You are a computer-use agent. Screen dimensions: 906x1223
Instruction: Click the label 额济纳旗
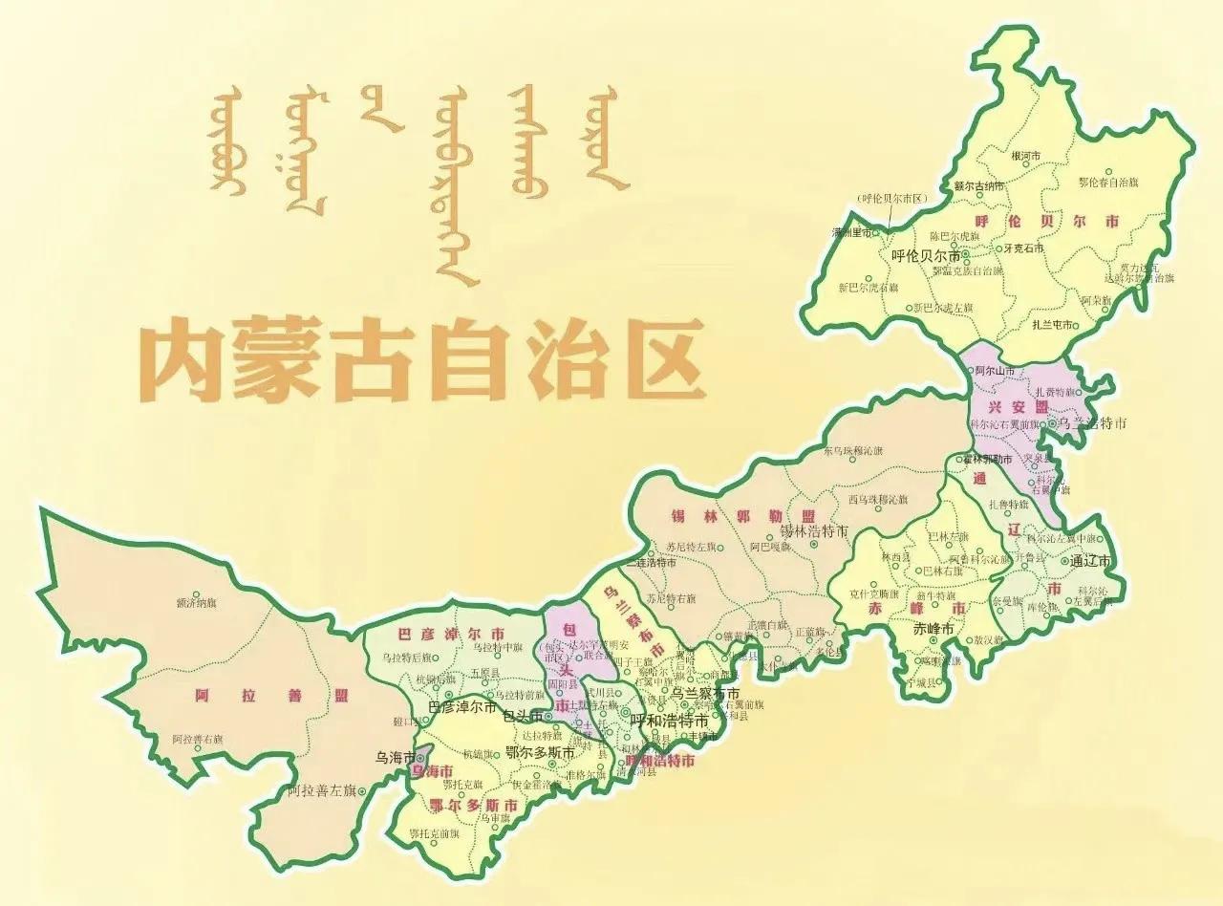click(x=197, y=603)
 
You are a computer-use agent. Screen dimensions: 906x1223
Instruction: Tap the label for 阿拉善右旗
click(x=197, y=740)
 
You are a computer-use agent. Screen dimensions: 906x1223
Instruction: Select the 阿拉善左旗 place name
click(x=322, y=790)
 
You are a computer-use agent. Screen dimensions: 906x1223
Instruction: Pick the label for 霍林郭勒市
click(x=980, y=460)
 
